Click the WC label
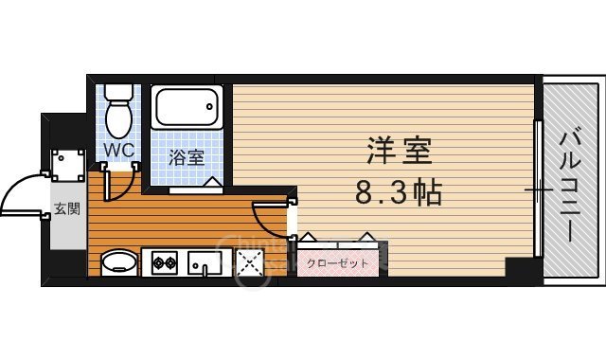[118, 150]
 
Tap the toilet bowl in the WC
[119, 118]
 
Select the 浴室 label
[187, 156]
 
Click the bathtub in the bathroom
[187, 112]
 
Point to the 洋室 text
[400, 152]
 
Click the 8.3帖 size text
[399, 193]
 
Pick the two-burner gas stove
[163, 261]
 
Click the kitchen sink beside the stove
[205, 261]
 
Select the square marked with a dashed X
[249, 262]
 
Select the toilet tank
[119, 92]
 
